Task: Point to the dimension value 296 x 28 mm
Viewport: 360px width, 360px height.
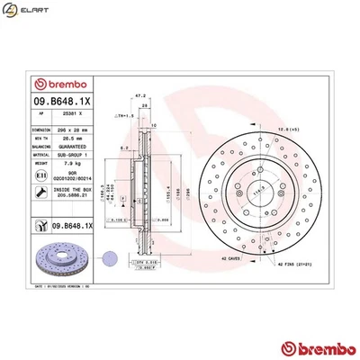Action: click(76, 131)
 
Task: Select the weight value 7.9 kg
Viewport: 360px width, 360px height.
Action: click(71, 163)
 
